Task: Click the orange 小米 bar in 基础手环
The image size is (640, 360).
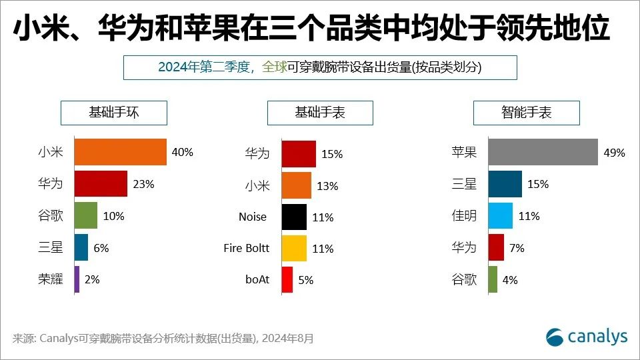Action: pyautogui.click(x=120, y=152)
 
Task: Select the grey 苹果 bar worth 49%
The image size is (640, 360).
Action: pyautogui.click(x=543, y=152)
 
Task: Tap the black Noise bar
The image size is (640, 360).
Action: pyautogui.click(x=294, y=217)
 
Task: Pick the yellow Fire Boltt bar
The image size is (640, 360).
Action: pyautogui.click(x=294, y=249)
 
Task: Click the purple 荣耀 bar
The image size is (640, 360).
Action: pyautogui.click(x=77, y=279)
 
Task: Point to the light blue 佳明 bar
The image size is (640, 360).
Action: pyautogui.click(x=500, y=216)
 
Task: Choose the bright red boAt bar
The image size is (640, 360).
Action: pyautogui.click(x=287, y=280)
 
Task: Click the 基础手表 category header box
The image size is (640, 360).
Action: pyautogui.click(x=320, y=113)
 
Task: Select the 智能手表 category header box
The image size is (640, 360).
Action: pyautogui.click(x=527, y=113)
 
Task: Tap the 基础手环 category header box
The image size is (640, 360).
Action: pyautogui.click(x=114, y=113)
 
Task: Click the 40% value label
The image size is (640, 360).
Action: pyautogui.click(x=182, y=152)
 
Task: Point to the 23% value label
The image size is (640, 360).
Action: pyautogui.click(x=143, y=184)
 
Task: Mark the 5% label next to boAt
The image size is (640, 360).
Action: pyautogui.click(x=306, y=281)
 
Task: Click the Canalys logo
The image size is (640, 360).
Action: pyautogui.click(x=587, y=337)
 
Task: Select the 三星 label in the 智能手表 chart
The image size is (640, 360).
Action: pyautogui.click(x=464, y=184)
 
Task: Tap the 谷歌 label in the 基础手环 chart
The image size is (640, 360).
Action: pyautogui.click(x=51, y=216)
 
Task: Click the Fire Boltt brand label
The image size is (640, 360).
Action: pyautogui.click(x=247, y=248)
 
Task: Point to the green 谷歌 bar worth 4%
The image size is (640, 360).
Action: pyautogui.click(x=493, y=279)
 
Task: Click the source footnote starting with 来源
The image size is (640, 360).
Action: pyautogui.click(x=163, y=339)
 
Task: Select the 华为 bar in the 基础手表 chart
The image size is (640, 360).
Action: pyautogui.click(x=299, y=153)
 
